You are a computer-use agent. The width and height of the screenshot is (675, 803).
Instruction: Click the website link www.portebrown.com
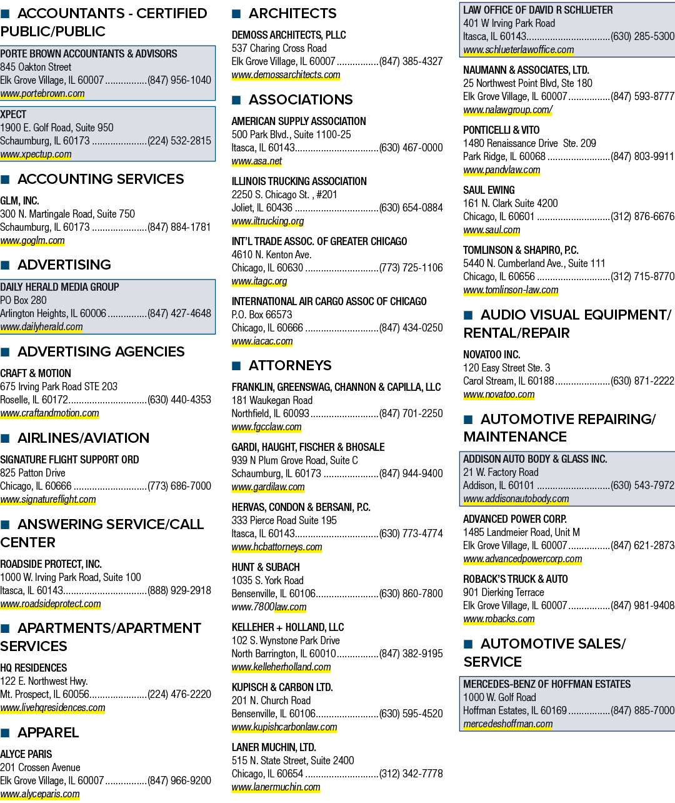tap(42, 93)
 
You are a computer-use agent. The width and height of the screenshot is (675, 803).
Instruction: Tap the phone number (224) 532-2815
tap(179, 141)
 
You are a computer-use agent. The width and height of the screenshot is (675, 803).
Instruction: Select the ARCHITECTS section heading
tap(292, 14)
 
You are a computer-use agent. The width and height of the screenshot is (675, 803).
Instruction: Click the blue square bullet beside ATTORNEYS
tap(236, 366)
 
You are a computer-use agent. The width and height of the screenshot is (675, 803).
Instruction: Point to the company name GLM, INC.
tap(19, 200)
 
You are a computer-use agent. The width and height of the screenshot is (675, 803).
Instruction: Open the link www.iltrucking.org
tap(267, 221)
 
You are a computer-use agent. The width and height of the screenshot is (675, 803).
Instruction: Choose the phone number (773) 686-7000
tap(179, 486)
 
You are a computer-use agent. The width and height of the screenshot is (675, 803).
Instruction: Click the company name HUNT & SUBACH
tap(266, 567)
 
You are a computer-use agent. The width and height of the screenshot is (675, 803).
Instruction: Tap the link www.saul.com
tap(492, 230)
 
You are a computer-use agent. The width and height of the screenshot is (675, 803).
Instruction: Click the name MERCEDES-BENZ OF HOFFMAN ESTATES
tap(547, 684)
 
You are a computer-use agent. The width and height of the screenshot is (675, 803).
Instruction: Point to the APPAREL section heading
tap(48, 732)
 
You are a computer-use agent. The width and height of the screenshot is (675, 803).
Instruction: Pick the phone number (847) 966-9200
tap(179, 780)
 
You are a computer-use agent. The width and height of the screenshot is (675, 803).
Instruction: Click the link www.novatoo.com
tap(499, 394)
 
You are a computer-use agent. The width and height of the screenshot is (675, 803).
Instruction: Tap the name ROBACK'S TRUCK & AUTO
tap(516, 579)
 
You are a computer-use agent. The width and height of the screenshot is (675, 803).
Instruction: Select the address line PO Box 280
tap(24, 300)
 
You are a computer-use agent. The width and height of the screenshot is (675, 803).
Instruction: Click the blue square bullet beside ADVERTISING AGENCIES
tap(5, 352)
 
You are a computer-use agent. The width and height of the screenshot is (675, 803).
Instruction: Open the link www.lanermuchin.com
tap(276, 787)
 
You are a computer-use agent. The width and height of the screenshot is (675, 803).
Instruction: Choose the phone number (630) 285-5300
tap(642, 36)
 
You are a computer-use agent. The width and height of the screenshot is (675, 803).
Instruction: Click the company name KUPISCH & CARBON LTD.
tap(282, 687)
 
